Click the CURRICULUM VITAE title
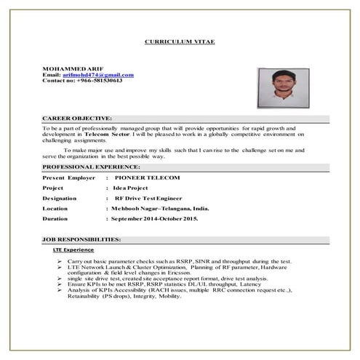pos(180,43)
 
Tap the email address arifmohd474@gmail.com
pos(98,74)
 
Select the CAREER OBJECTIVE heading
pos(78,118)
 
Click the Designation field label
pos(63,198)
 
